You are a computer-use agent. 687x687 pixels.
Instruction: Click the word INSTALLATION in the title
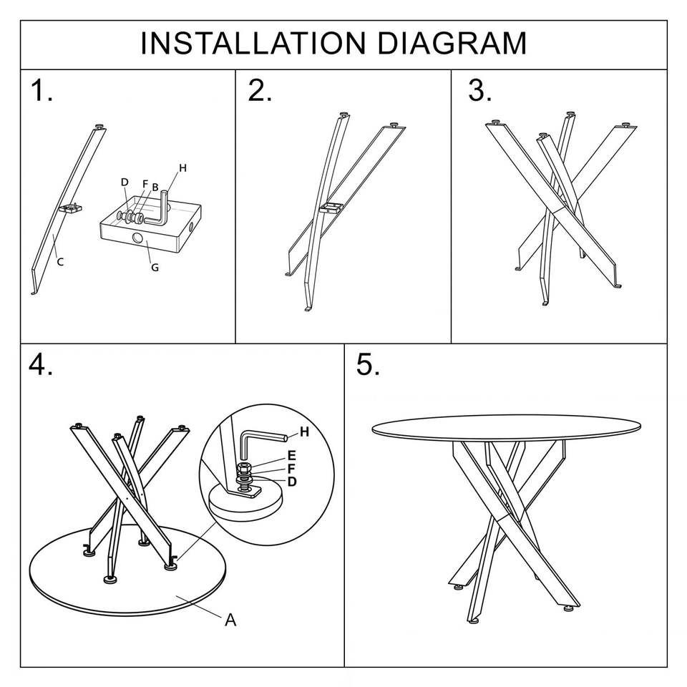tap(253, 44)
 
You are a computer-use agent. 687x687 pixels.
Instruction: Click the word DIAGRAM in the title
tap(452, 44)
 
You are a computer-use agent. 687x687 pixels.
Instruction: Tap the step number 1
tap(42, 91)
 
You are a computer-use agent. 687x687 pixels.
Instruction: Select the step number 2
tap(260, 91)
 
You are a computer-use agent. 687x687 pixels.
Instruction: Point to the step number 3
tap(479, 91)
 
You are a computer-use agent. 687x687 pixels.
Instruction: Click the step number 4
tap(40, 364)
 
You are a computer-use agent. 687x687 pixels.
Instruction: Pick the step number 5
tap(368, 364)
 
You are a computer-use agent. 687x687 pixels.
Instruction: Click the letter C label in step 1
tap(60, 262)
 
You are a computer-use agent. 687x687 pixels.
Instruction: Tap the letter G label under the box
tap(155, 267)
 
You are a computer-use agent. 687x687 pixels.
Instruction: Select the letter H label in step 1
tap(182, 167)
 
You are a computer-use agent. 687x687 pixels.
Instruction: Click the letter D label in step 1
tap(125, 182)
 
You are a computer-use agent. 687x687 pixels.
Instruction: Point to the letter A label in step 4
tap(230, 620)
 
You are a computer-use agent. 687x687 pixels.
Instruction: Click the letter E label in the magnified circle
tap(292, 456)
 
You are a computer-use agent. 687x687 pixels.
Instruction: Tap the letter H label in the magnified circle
tap(305, 432)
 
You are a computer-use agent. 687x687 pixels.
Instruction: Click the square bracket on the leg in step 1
tap(71, 208)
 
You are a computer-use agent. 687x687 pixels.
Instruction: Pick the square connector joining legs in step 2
tap(331, 208)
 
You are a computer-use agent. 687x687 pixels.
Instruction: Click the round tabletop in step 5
tap(506, 427)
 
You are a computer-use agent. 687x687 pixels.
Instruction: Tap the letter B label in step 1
tap(155, 187)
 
